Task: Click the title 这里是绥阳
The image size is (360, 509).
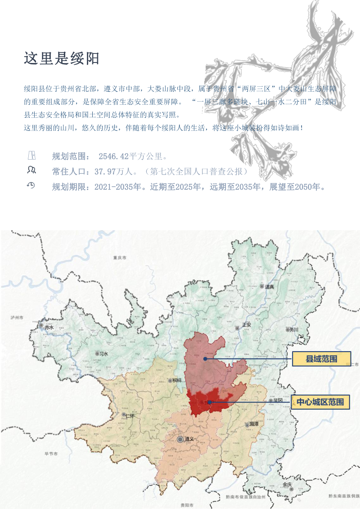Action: [x=62, y=58]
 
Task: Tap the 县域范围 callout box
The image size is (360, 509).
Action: [x=321, y=359]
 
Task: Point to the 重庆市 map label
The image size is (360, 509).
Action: [x=120, y=258]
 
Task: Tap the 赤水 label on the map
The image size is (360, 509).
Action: [x=49, y=327]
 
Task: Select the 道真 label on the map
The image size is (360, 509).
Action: [x=270, y=286]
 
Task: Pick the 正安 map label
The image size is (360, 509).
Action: [x=246, y=324]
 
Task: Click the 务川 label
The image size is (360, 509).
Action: [x=294, y=330]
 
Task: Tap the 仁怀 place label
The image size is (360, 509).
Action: [x=130, y=415]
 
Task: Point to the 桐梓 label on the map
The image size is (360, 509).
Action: [x=176, y=380]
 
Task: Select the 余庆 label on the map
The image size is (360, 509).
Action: [x=287, y=484]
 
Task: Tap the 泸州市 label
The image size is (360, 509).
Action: [x=17, y=317]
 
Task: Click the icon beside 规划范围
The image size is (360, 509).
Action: [x=31, y=156]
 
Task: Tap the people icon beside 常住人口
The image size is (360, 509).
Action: [x=31, y=170]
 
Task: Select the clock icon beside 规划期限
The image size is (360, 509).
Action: [x=31, y=185]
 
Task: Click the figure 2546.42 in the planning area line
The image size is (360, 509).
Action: [x=113, y=156]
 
